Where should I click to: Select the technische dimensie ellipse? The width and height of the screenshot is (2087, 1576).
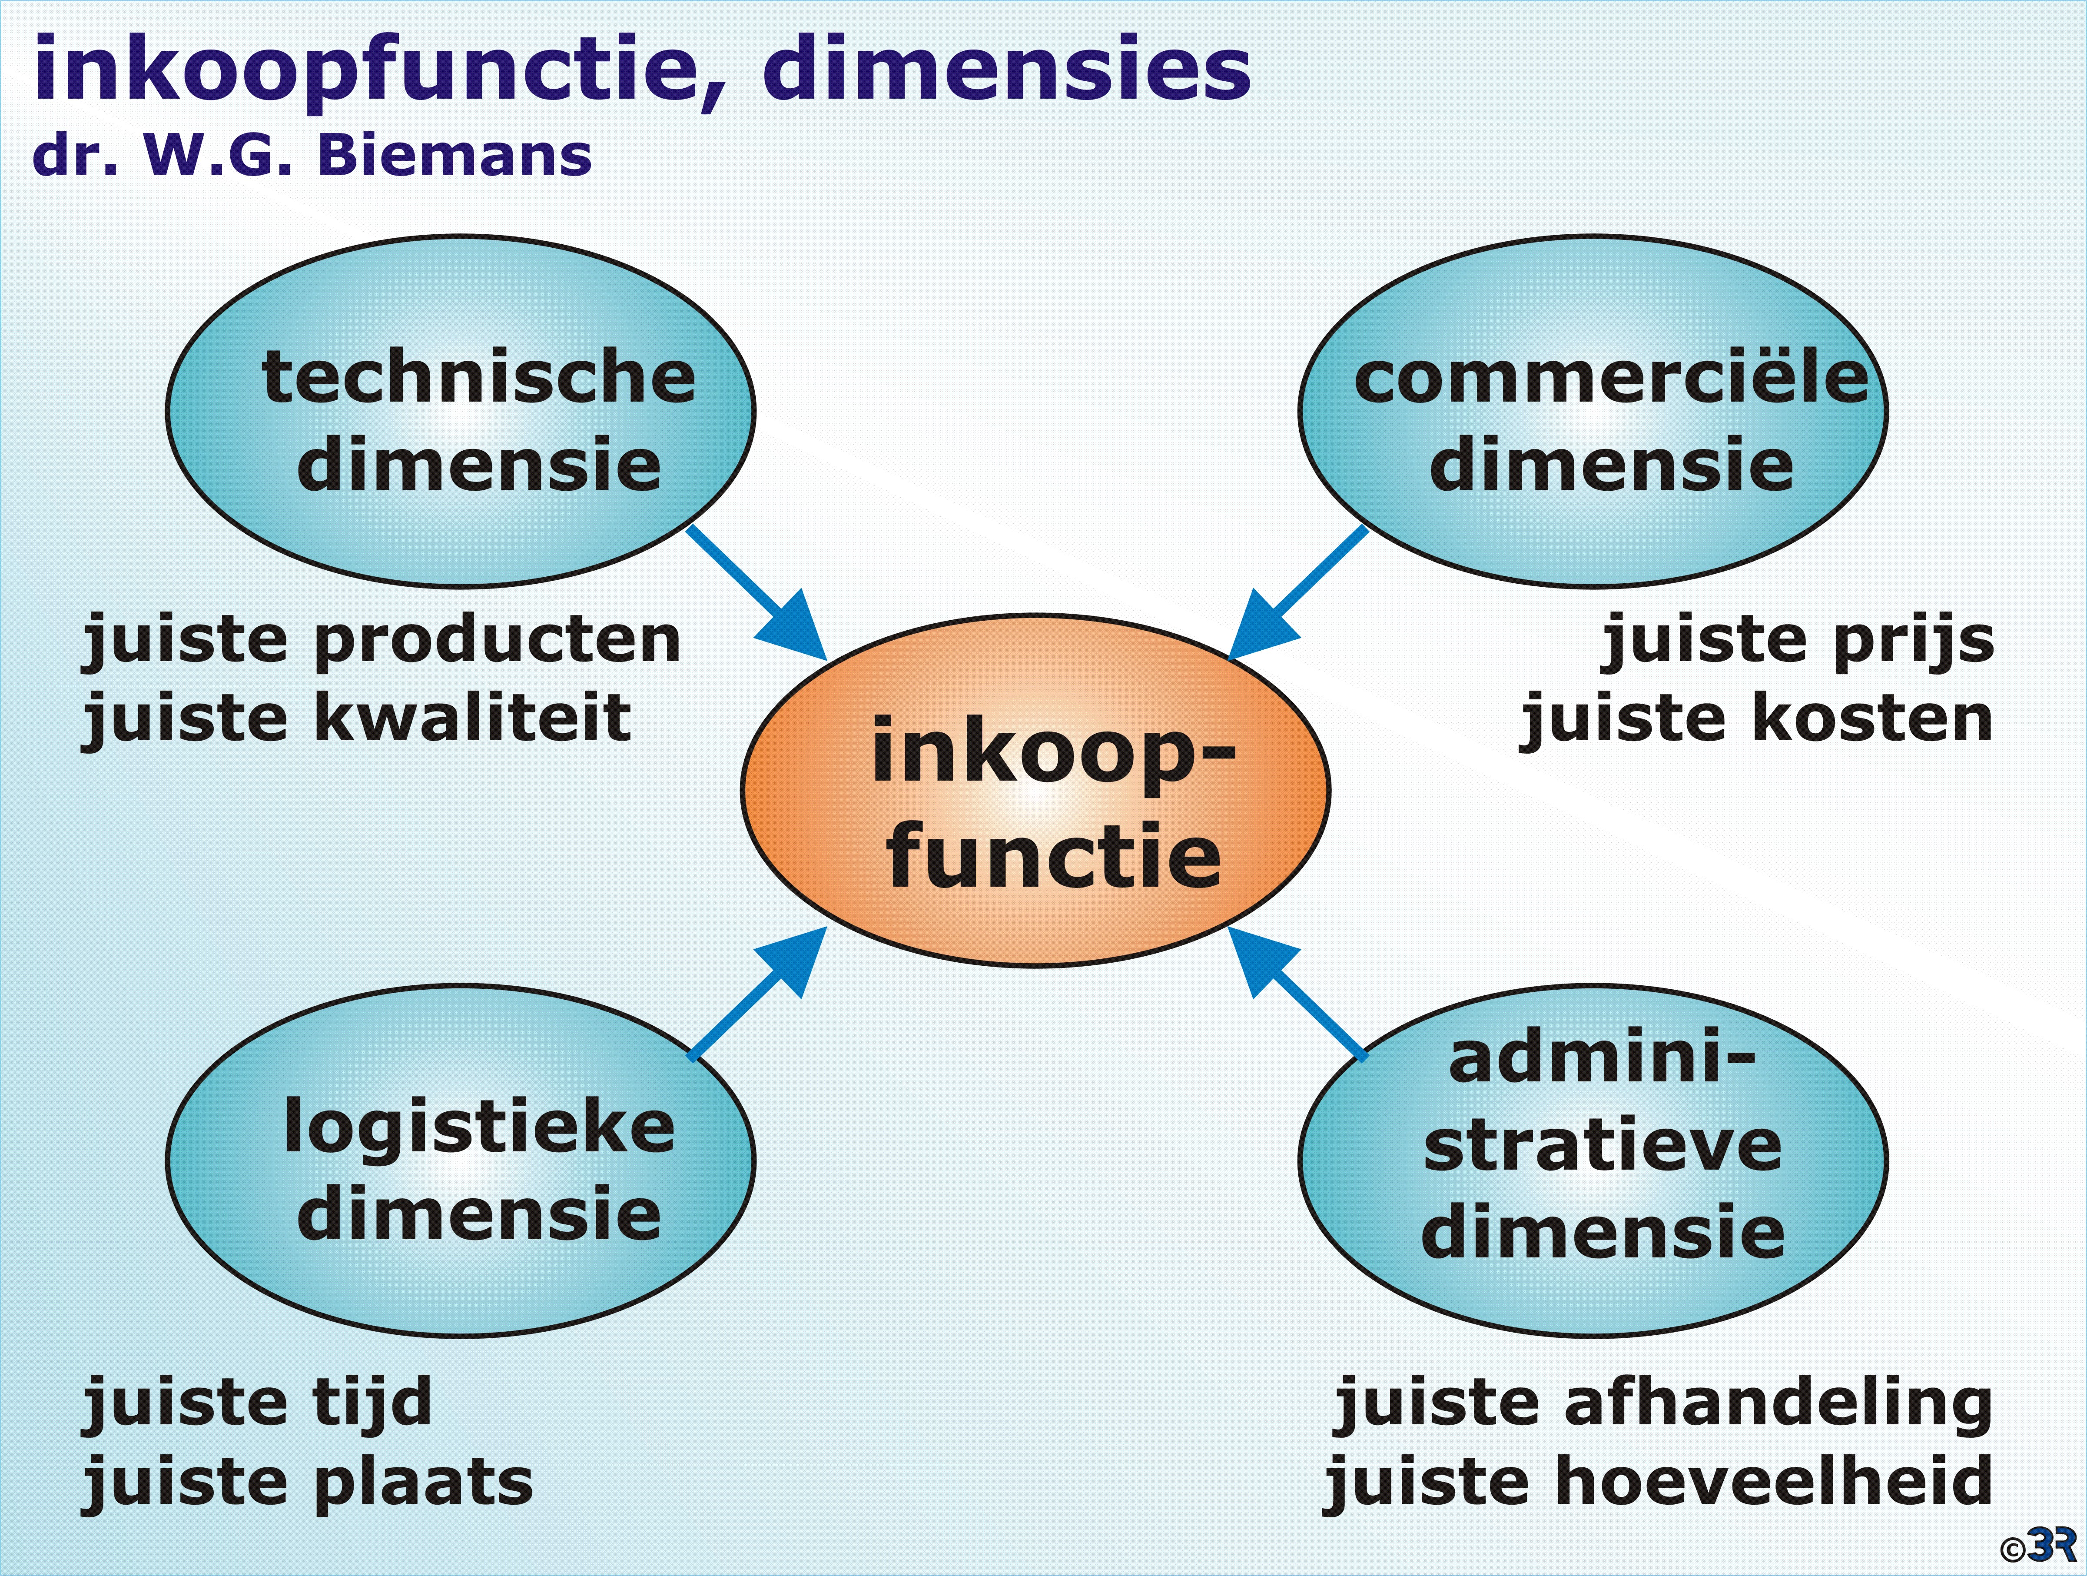[x=461, y=412]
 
